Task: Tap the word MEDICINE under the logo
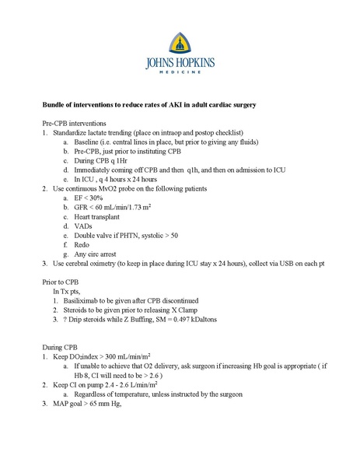(180, 72)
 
